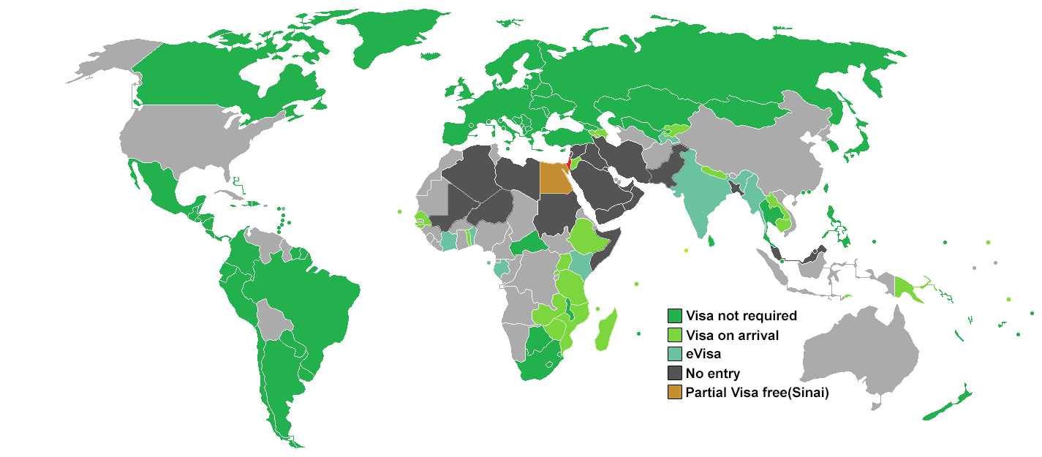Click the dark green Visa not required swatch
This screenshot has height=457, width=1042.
coord(674,317)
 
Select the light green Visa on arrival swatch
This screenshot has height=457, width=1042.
coord(674,336)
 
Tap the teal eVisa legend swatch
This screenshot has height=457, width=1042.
coord(674,355)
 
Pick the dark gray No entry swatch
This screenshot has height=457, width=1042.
coord(674,374)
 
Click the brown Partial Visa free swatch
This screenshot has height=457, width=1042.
coord(674,393)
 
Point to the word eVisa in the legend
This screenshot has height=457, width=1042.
coord(703,355)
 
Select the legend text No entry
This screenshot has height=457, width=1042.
coord(713,374)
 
